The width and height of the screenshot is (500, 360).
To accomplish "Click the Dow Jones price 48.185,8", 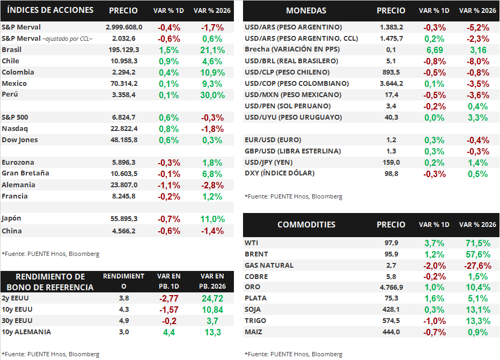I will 123,140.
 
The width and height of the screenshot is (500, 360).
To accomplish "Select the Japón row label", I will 12,218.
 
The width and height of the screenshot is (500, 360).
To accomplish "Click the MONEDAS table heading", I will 306,11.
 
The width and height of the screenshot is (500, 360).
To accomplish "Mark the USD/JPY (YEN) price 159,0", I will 391,162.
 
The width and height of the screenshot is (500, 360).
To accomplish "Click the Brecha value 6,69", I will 434,49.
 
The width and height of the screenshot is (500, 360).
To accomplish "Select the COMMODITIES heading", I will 306,225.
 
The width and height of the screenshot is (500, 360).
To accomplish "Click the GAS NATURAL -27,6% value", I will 477,266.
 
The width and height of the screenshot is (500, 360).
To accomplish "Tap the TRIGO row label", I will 256,320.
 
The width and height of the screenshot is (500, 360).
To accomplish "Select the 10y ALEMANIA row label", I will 26,332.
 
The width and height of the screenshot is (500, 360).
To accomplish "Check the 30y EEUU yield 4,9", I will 123,320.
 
